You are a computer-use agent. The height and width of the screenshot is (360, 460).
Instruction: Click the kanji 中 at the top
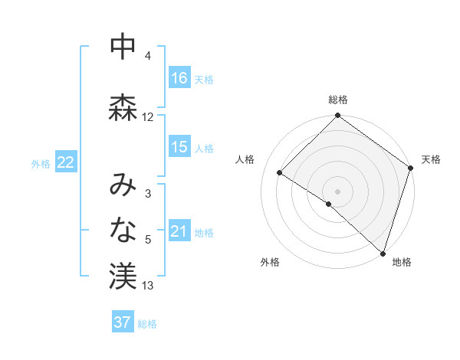(x=123, y=48)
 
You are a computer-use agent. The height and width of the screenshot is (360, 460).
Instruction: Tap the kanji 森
(x=123, y=108)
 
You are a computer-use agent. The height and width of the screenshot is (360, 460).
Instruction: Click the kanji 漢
(x=123, y=277)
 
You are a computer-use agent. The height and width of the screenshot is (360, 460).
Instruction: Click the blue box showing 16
(x=179, y=78)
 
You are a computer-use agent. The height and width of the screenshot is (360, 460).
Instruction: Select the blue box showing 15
(x=179, y=147)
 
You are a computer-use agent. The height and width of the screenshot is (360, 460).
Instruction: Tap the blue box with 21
(x=179, y=231)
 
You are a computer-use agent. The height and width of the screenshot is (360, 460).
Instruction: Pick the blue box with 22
(x=65, y=162)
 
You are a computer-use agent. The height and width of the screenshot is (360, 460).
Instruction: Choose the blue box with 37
(x=123, y=322)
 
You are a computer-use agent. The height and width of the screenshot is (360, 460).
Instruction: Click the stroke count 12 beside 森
(x=148, y=117)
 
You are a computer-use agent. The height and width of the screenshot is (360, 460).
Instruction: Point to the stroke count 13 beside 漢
(x=148, y=286)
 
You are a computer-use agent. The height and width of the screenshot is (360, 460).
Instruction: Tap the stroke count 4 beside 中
(x=148, y=56)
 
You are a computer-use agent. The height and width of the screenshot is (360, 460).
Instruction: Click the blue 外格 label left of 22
(x=41, y=163)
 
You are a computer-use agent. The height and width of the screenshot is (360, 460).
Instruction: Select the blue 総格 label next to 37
(x=147, y=324)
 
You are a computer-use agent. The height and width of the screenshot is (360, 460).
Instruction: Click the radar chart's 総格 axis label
(x=337, y=100)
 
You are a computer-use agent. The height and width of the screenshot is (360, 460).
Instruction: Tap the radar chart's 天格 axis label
(x=431, y=159)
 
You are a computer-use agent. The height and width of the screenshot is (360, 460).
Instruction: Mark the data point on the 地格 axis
(x=383, y=253)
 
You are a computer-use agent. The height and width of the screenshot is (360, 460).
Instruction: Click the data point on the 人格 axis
(x=280, y=173)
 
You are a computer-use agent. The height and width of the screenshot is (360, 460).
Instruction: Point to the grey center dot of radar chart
(x=337, y=191)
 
